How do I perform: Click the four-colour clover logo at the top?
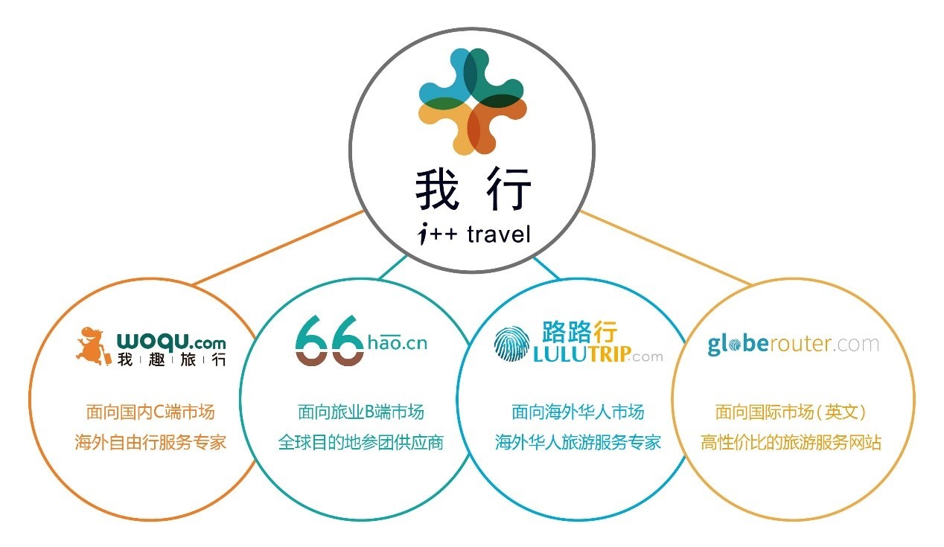[x=473, y=101]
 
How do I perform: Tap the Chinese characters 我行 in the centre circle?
[x=473, y=190]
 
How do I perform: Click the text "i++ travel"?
[x=473, y=235]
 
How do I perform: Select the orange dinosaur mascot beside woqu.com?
[x=93, y=345]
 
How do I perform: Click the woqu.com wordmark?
[x=171, y=342]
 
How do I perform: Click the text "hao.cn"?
[x=398, y=344]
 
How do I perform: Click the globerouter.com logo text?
[x=793, y=345]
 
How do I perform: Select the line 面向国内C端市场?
[x=150, y=412]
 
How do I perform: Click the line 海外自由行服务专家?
[x=150, y=442]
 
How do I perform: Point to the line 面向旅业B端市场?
[x=361, y=412]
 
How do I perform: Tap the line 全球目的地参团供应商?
[x=361, y=442]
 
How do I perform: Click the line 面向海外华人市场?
[x=578, y=412]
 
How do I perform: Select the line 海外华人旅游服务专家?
[x=578, y=442]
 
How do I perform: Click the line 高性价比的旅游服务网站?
[x=791, y=442]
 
